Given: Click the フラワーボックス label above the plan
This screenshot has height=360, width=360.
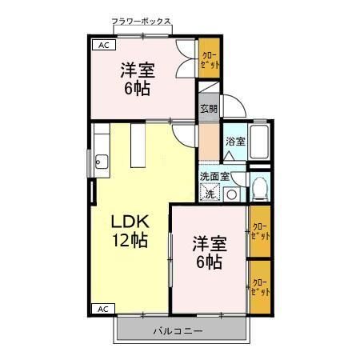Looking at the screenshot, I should coord(142,22).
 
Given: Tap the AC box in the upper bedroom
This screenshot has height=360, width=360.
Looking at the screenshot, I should coord(102,46).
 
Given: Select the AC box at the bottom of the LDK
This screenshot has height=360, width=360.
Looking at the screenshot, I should coord(102,308).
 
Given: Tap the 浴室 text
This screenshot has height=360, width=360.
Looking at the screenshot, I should coord(234,142).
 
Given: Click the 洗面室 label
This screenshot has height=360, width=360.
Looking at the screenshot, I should coord(214,176).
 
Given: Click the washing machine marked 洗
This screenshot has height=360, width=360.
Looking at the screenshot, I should coord(210,193).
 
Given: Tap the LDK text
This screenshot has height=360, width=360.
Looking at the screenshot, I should coord(127,220).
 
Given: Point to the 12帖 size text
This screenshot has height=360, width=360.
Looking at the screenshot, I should coord(129,241).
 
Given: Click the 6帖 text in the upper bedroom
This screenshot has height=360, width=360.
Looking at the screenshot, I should coord(138,88).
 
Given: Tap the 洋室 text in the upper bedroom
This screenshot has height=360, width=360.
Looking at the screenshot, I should coord(138,68).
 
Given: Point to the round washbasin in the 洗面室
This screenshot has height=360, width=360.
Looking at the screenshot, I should coord(230,194).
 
